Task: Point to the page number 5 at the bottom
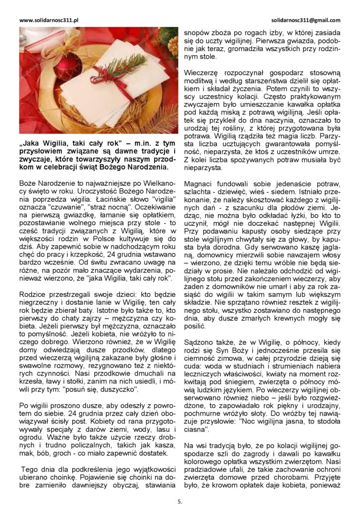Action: (180, 502)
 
